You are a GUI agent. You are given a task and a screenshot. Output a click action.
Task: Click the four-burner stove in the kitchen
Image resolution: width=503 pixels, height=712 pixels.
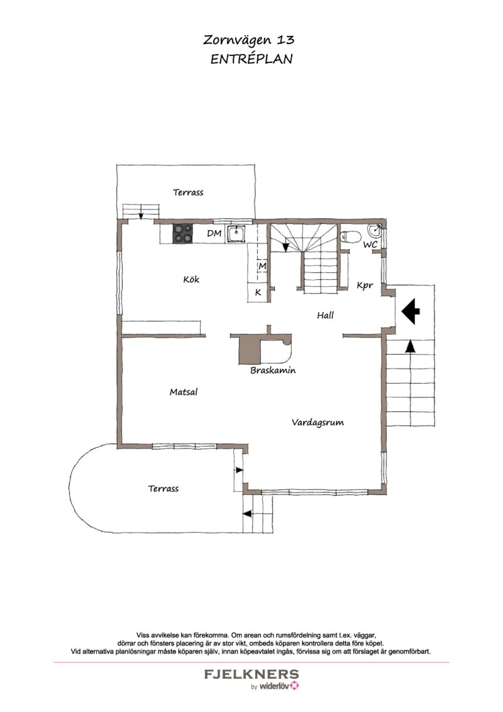(x=183, y=233)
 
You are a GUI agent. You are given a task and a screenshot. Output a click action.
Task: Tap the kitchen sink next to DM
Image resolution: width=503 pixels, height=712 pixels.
(x=236, y=233)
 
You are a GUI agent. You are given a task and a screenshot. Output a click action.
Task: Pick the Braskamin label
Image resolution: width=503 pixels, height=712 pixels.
(x=273, y=370)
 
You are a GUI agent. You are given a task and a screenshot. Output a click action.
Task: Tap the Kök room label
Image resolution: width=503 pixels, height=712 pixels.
(x=191, y=279)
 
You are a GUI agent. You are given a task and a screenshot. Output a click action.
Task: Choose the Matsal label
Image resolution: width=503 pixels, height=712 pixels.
(x=184, y=392)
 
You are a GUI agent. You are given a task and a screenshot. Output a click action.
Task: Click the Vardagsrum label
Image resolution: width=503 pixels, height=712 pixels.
(x=318, y=422)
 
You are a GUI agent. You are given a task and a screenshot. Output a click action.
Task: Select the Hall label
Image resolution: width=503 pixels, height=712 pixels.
(x=325, y=315)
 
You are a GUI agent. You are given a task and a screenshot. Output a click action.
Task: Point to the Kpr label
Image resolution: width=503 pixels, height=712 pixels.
(x=365, y=285)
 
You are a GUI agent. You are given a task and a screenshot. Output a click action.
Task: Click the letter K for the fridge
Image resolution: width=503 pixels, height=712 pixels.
(x=258, y=292)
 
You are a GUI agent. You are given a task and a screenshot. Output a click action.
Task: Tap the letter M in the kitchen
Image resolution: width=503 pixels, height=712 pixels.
(x=262, y=266)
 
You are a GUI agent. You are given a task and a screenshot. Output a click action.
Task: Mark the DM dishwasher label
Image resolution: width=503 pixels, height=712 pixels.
(x=214, y=233)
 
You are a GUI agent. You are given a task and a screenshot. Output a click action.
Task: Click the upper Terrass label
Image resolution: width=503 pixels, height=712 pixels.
(x=188, y=192)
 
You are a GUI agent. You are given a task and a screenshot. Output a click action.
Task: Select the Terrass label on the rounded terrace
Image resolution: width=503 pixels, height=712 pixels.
(x=163, y=489)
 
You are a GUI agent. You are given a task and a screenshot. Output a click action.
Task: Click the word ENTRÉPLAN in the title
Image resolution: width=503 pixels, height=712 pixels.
(x=251, y=59)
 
